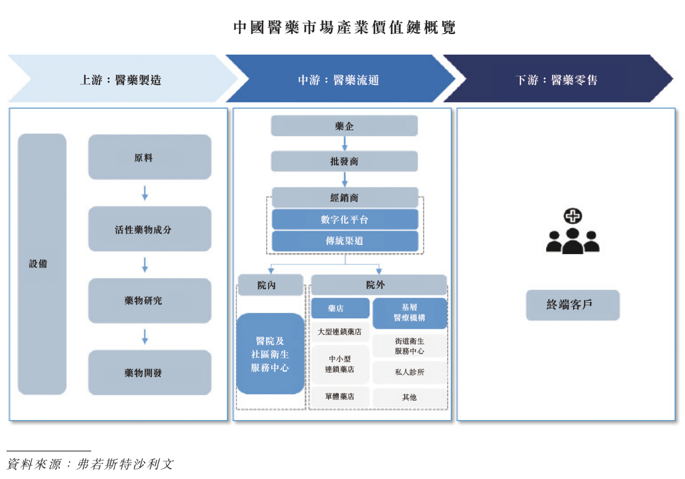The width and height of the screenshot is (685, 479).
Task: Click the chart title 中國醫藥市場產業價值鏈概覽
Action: click(x=345, y=28)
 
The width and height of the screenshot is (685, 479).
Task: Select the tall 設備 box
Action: click(x=42, y=264)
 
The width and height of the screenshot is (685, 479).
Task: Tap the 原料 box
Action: click(x=150, y=157)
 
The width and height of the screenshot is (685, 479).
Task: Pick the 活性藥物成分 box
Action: click(x=150, y=229)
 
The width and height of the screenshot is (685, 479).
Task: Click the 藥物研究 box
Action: click(x=150, y=301)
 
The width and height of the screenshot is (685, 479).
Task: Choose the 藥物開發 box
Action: click(x=150, y=372)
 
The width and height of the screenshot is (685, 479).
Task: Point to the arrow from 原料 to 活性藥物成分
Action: click(x=145, y=193)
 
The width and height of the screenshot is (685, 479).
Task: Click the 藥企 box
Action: click(x=344, y=126)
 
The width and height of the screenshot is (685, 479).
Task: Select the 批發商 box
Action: click(x=344, y=161)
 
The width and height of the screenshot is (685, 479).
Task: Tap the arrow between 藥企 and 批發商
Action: click(x=345, y=144)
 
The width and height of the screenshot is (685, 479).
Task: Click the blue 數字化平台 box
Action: click(x=345, y=219)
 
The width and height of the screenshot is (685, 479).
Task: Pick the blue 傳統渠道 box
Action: click(x=345, y=241)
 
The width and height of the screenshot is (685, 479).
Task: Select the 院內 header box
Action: click(x=271, y=285)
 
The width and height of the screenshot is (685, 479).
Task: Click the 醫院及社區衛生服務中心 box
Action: click(x=270, y=354)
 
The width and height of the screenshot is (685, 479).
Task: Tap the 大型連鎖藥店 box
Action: click(x=340, y=332)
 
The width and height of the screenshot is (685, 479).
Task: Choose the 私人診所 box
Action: click(x=410, y=372)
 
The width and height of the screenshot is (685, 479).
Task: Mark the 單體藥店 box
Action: click(x=340, y=397)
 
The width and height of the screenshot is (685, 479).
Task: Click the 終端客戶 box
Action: click(x=573, y=305)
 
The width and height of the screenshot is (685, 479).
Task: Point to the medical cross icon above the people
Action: click(x=573, y=216)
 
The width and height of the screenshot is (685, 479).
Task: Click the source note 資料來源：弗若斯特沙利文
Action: click(x=90, y=464)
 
